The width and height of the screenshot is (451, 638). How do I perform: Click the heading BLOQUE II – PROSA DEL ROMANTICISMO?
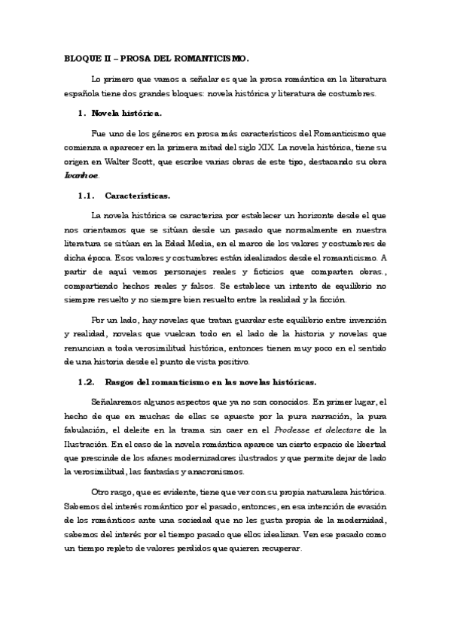tap(157, 58)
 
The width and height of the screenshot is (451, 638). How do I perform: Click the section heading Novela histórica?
tap(126, 113)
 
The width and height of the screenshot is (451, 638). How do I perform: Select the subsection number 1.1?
tap(88, 196)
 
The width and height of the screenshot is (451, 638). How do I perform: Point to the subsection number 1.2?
tap(88, 381)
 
